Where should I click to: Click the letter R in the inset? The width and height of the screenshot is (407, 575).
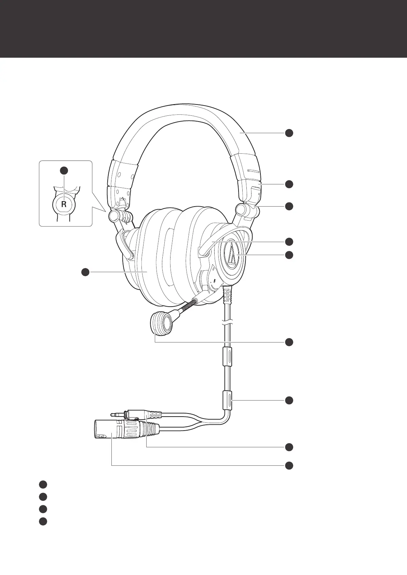64,205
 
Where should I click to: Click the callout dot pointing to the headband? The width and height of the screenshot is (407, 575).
289,133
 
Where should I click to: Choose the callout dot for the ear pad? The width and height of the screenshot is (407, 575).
85,272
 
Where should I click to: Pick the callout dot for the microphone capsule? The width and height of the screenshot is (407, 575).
289,342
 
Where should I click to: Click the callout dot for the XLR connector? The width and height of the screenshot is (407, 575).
289,465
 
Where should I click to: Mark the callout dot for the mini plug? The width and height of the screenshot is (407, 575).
289,447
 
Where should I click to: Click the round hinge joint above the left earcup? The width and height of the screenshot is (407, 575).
114,215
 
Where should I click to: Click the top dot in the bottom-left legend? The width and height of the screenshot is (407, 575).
42,484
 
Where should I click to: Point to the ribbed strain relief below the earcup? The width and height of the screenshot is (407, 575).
228,295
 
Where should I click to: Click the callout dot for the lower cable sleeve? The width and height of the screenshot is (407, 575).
289,400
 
